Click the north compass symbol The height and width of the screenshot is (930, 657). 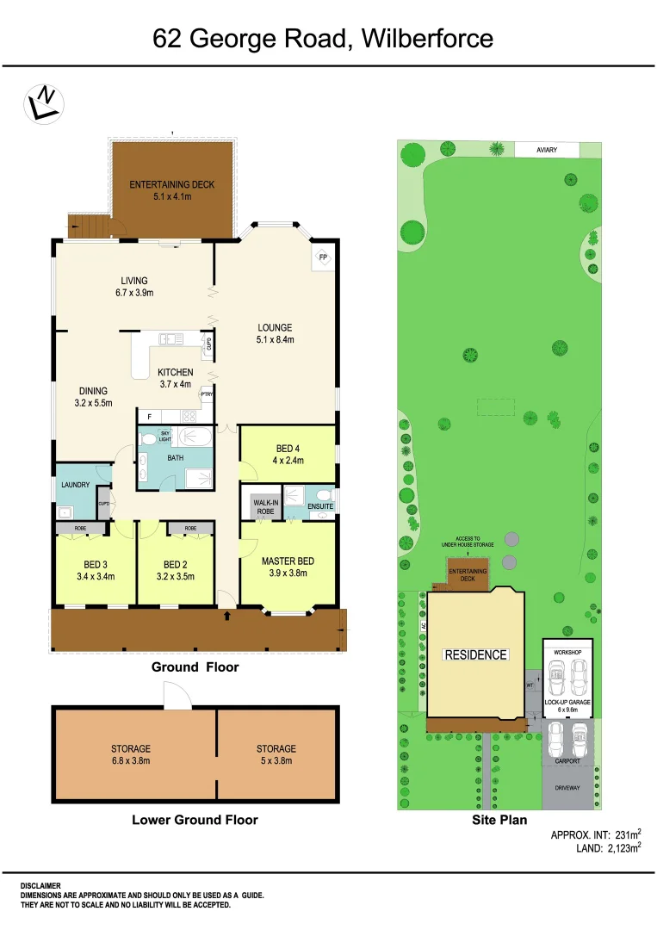[x=43, y=103]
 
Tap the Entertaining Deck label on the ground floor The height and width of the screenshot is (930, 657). [x=172, y=184]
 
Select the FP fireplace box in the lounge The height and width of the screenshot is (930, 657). [x=323, y=257]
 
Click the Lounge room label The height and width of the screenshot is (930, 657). [x=275, y=327]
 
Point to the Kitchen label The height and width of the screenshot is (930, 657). [x=175, y=372]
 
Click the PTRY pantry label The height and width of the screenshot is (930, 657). [x=207, y=394]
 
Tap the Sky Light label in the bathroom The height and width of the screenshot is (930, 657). [x=165, y=435]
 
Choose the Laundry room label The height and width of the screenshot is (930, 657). [x=76, y=485]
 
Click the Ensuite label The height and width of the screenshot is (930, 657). [x=320, y=506]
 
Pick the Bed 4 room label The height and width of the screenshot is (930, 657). [x=288, y=449]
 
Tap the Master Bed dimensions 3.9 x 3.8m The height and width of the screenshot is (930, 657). [x=288, y=573]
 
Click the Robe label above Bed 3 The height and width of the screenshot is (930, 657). [x=80, y=527]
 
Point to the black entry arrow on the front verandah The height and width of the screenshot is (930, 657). [x=226, y=616]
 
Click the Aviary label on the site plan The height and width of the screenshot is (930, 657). [x=547, y=150]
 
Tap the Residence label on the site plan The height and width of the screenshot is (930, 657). [x=475, y=654]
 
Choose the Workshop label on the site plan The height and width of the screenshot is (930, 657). [x=567, y=654]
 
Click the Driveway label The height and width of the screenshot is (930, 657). [x=567, y=788]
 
